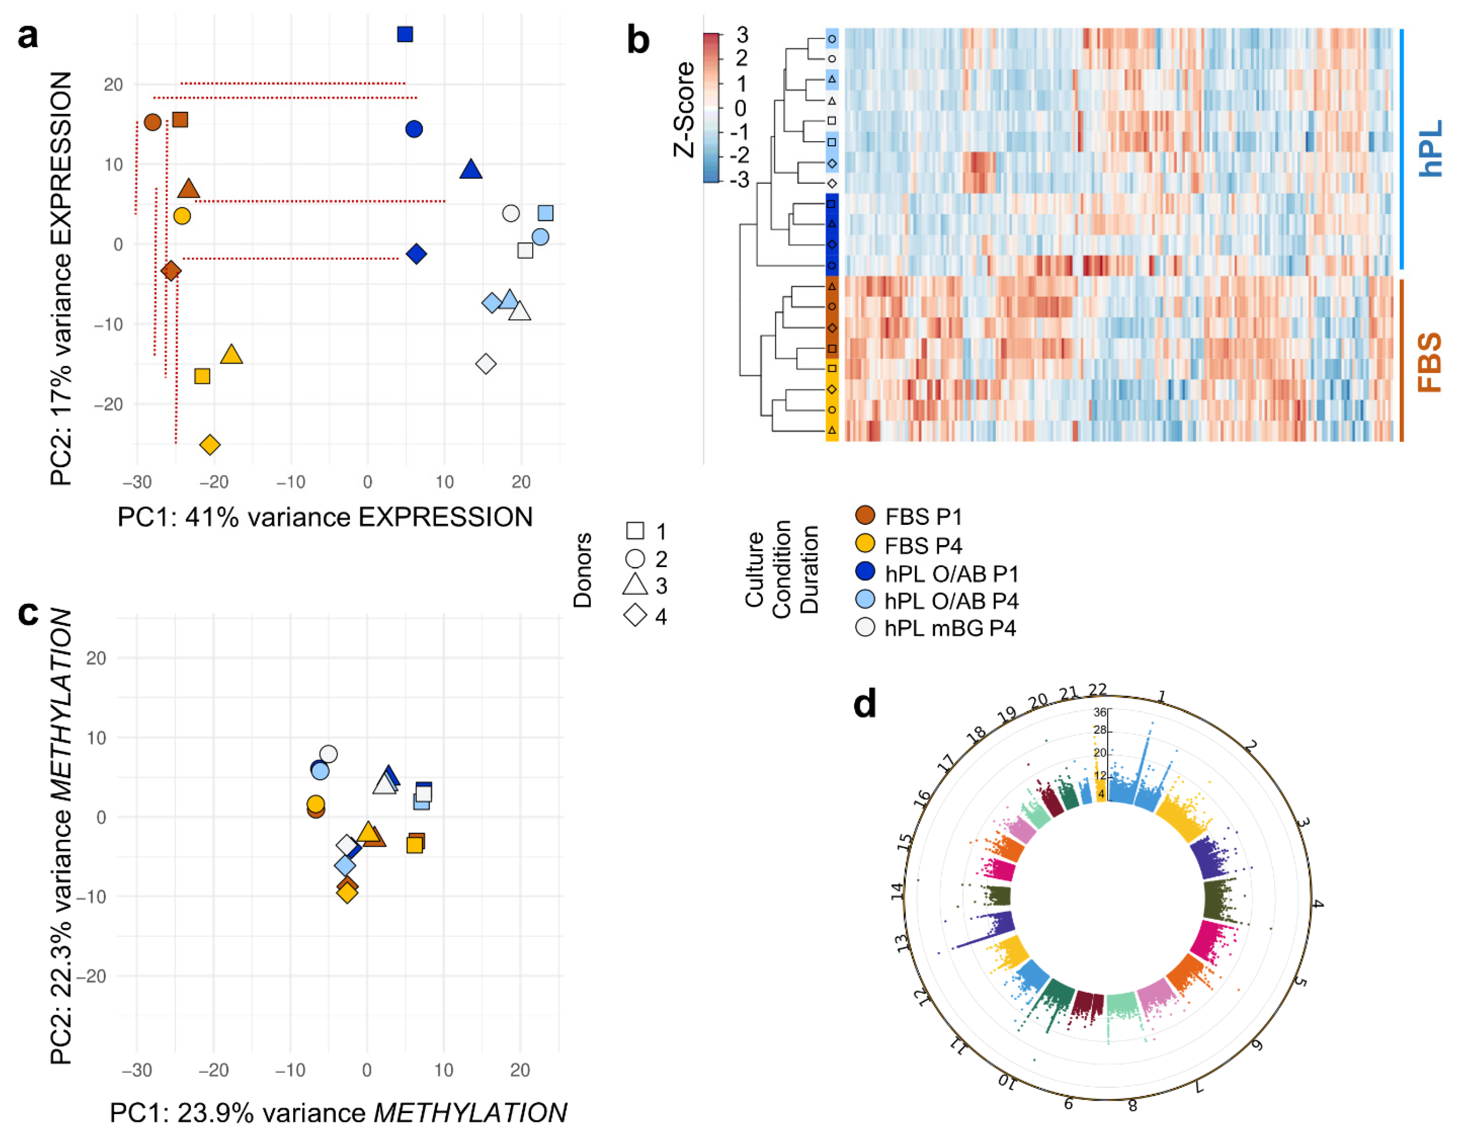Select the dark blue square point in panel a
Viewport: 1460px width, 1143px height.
click(x=404, y=34)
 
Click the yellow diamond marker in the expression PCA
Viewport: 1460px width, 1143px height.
click(x=210, y=444)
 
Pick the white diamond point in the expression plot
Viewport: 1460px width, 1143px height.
click(x=486, y=364)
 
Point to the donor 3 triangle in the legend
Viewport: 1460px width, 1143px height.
click(x=635, y=585)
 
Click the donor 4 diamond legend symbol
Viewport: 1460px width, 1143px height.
click(x=635, y=615)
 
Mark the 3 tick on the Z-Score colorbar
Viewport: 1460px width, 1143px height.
click(x=742, y=35)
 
